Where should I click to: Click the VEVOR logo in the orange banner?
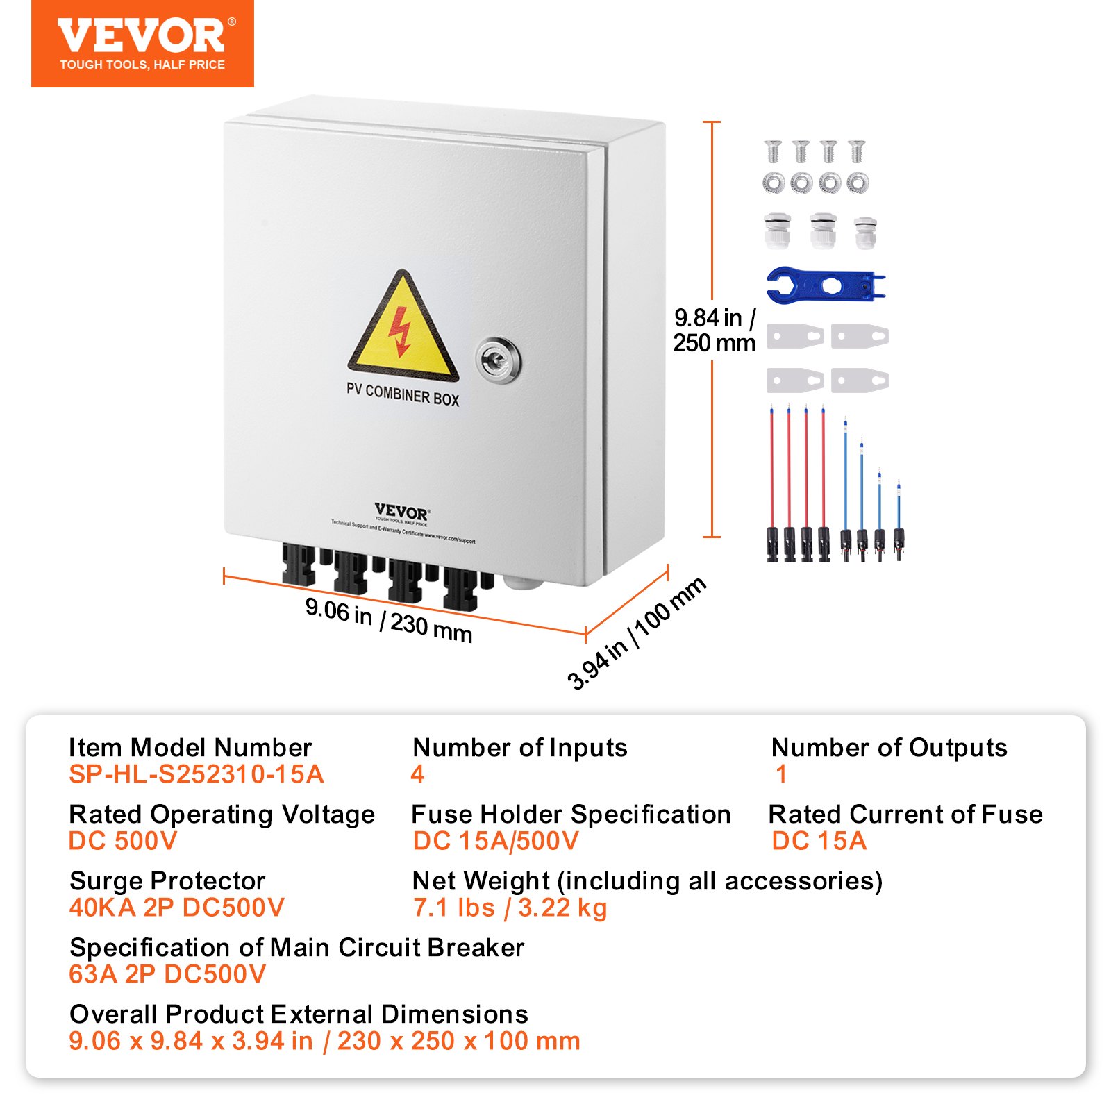tap(142, 37)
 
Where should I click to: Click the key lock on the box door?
tap(498, 360)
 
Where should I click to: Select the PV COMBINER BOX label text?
tap(403, 395)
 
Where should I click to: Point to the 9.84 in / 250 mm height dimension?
tap(714, 331)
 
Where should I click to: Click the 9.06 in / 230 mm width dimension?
tap(389, 620)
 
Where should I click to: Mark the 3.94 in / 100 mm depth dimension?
tap(637, 633)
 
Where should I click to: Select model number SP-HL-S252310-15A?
tap(197, 774)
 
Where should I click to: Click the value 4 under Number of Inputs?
tap(417, 774)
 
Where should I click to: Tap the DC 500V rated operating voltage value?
tap(123, 841)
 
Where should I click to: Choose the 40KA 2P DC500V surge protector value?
tap(176, 908)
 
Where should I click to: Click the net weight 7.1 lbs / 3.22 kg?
tap(510, 908)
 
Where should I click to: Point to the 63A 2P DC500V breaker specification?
tap(167, 974)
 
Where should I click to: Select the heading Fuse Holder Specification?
tap(571, 815)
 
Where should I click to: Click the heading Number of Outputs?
tap(889, 748)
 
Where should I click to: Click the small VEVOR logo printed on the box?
tap(401, 512)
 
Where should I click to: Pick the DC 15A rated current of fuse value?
tap(819, 841)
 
